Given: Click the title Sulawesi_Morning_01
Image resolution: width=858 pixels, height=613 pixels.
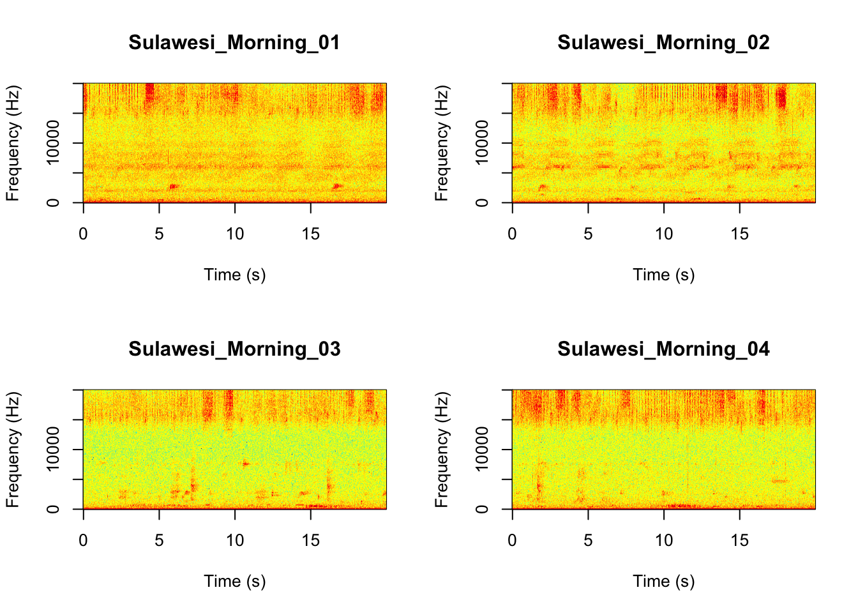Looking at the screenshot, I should coord(234,43).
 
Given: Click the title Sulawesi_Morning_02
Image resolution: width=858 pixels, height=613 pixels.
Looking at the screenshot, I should coord(663,43).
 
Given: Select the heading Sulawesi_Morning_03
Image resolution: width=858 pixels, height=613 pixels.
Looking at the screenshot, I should coord(234,349).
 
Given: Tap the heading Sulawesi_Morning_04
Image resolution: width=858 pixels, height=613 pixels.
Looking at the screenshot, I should coord(663,349).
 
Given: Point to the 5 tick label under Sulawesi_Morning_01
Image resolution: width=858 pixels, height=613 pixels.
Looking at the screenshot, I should coord(159,234).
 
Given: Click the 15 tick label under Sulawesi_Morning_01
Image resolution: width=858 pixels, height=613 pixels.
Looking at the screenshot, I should coord(310,234).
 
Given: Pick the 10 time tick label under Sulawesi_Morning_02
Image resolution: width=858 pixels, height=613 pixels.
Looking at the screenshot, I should coord(664,234).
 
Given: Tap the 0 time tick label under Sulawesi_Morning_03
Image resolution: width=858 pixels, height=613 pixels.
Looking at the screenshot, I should coord(84,541).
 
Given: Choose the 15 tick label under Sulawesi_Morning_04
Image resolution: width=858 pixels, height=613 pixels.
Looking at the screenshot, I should coord(739,541).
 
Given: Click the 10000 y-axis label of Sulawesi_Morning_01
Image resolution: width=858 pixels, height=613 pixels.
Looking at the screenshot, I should coord(53,142).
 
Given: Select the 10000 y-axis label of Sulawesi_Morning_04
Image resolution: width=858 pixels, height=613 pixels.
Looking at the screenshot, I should coord(482,449).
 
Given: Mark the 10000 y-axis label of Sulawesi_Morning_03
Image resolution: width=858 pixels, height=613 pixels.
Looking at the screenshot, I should coord(53,449).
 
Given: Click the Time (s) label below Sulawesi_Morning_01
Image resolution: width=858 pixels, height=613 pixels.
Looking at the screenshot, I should coord(234,275).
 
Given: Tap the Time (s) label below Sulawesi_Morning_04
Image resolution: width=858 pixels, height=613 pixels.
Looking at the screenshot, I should coord(663,582).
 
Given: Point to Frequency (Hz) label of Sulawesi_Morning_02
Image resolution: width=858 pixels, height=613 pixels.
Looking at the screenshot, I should coord(442,143).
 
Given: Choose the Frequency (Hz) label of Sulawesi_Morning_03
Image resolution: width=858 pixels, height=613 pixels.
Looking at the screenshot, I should coord(13,450).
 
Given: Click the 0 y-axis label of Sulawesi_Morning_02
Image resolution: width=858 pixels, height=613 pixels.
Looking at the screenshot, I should coord(482,202).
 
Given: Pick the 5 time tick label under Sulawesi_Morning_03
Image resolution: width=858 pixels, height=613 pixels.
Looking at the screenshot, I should coord(159,541).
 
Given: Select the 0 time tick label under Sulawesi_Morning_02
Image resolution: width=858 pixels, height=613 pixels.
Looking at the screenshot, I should coord(513,234).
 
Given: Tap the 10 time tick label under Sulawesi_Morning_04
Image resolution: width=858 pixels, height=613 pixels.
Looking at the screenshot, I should coord(664,541).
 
